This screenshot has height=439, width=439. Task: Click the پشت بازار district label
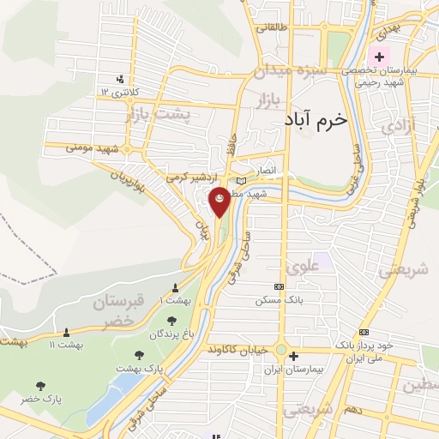pyautogui.click(x=156, y=113)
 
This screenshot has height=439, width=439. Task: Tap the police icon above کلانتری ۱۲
pyautogui.click(x=130, y=80)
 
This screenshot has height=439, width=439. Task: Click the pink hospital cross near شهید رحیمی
pyautogui.click(x=379, y=57)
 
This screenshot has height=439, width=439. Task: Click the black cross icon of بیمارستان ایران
pyautogui.click(x=294, y=356)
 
